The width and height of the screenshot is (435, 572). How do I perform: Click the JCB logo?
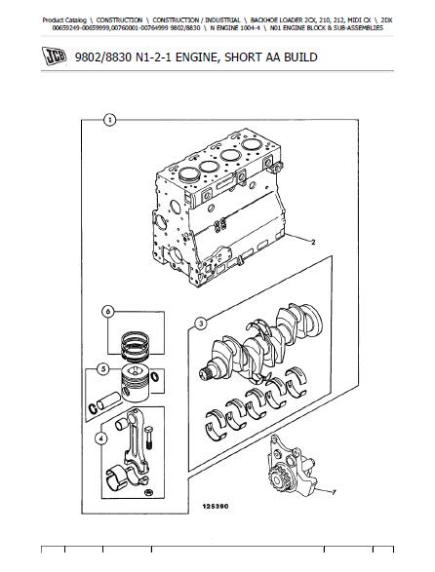[x=54, y=57]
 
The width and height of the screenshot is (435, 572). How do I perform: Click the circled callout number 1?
[x=109, y=120]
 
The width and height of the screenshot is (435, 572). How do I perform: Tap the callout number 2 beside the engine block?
[x=313, y=242]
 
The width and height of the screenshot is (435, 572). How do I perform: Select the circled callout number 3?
[x=201, y=324]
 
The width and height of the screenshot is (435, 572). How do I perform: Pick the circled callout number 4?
[x=100, y=439]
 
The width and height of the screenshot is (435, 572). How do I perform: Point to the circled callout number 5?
[x=103, y=369]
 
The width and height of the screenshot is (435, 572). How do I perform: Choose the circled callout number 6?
[x=107, y=312]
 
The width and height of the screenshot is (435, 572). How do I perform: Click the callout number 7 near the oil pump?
[x=334, y=492]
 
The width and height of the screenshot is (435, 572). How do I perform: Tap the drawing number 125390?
[x=216, y=507]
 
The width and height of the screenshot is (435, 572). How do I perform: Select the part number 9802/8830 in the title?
[x=102, y=57]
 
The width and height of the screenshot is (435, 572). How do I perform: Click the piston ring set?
[x=135, y=345]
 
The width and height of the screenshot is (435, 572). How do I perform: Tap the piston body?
[x=136, y=382]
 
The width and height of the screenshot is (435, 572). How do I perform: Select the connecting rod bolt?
[x=148, y=437]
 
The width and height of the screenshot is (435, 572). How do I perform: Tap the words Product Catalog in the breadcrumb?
[x=64, y=20]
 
